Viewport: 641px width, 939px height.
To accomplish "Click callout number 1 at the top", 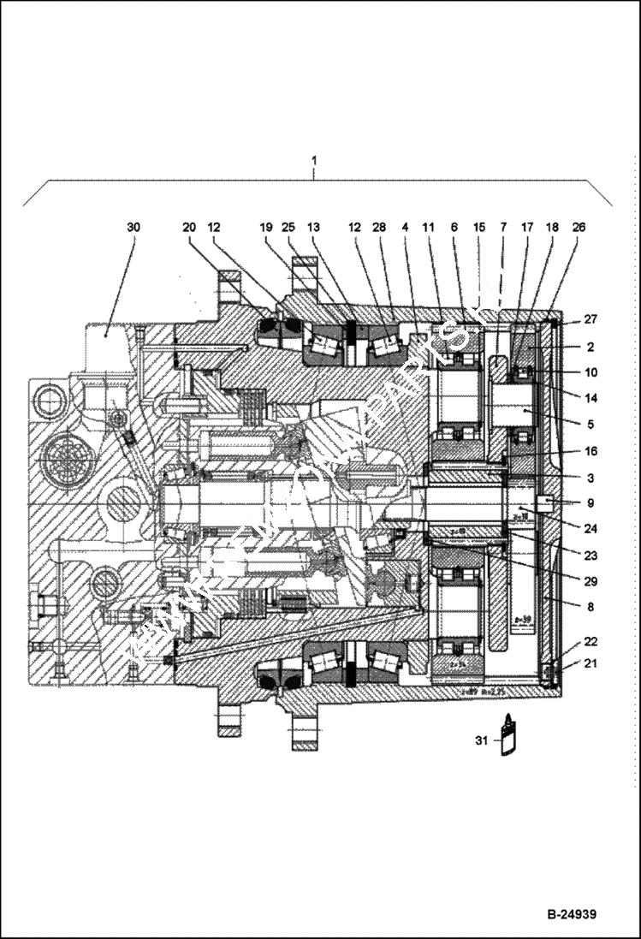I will coord(314,160).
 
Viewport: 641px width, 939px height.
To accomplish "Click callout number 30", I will coord(133,227).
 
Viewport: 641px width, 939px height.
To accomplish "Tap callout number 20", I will coord(189,227).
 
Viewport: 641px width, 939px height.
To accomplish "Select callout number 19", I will coord(266,227).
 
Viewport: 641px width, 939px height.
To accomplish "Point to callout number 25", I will coord(288,227).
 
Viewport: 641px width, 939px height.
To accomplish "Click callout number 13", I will coord(313,227).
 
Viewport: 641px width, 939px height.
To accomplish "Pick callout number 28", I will coord(379,227).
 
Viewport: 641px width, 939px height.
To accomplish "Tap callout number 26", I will coord(579,227).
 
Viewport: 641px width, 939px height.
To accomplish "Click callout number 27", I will coord(591,319).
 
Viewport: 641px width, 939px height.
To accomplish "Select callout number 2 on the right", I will coord(591,347).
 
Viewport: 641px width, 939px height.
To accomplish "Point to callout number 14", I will coord(591,397).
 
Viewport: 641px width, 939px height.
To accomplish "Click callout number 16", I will coord(591,451).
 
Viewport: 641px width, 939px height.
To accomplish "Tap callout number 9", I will coord(591,502).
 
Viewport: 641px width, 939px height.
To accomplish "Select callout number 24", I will coord(591,528).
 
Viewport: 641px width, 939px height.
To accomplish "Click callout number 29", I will coord(591,581).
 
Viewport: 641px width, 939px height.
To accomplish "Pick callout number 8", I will coord(591,607).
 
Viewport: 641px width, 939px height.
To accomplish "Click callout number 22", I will coord(591,641).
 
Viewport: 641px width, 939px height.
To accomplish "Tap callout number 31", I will coord(481,740).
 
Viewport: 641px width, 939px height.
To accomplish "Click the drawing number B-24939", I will coord(572,914).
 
